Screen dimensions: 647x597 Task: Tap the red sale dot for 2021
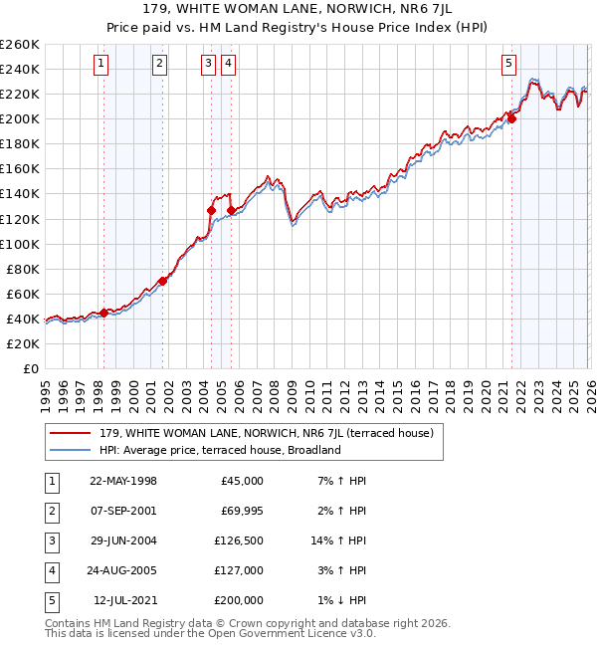(x=512, y=118)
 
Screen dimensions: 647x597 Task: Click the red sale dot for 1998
(x=103, y=313)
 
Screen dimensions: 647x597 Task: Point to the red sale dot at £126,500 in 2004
(x=211, y=210)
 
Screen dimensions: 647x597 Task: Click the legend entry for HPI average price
(x=219, y=450)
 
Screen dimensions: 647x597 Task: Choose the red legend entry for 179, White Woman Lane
(x=266, y=433)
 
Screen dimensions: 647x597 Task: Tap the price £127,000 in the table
(x=239, y=570)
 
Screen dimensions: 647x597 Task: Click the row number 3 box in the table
(x=50, y=540)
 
